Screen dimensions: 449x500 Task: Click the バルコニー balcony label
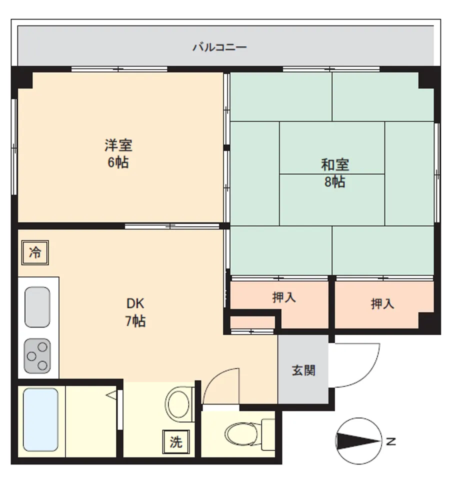pyautogui.click(x=219, y=47)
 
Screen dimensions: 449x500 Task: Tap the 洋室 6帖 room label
pyautogui.click(x=118, y=153)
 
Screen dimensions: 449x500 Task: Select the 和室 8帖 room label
pyautogui.click(x=335, y=173)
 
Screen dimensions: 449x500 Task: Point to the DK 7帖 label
pyautogui.click(x=135, y=312)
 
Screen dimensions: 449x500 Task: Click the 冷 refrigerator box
pyautogui.click(x=35, y=252)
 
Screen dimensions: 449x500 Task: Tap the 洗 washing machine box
pyautogui.click(x=176, y=442)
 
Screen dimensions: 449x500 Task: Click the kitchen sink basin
pyautogui.click(x=37, y=307)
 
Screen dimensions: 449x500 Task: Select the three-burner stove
pyautogui.click(x=37, y=356)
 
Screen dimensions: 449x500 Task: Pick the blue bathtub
pyautogui.click(x=40, y=419)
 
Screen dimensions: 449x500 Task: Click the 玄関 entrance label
pyautogui.click(x=303, y=370)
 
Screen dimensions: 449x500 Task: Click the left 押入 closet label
pyautogui.click(x=284, y=297)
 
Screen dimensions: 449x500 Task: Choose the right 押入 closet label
pyautogui.click(x=382, y=303)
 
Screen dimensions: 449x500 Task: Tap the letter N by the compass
pyautogui.click(x=391, y=441)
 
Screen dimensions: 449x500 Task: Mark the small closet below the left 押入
pyautogui.click(x=252, y=322)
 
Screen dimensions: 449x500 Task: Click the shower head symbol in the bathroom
pyautogui.click(x=111, y=395)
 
